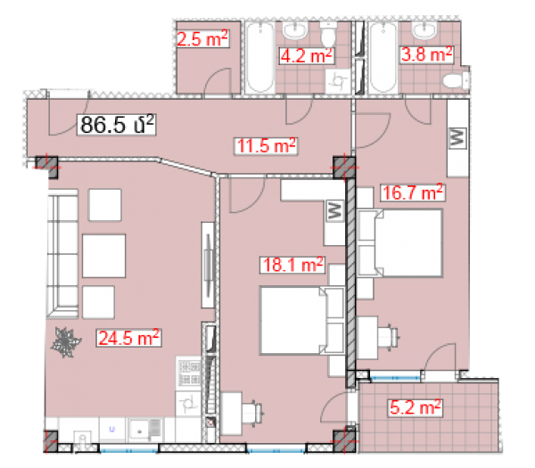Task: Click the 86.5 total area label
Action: (117, 125)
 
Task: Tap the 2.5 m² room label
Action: (202, 38)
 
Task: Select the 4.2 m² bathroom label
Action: (306, 56)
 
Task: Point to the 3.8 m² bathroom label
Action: (426, 54)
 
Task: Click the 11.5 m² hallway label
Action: (266, 146)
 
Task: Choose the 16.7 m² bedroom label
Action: (413, 193)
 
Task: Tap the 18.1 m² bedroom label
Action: (292, 265)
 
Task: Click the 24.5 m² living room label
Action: (128, 338)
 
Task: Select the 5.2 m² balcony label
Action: (416, 408)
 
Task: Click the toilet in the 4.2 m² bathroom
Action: (328, 34)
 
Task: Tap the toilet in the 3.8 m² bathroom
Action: (457, 80)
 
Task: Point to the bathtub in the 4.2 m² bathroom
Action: (260, 57)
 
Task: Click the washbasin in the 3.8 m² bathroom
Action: (424, 30)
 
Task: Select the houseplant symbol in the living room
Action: (65, 342)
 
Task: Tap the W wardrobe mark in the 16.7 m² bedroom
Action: (457, 138)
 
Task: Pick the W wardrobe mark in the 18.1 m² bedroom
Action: (335, 210)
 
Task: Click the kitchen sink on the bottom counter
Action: (144, 431)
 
